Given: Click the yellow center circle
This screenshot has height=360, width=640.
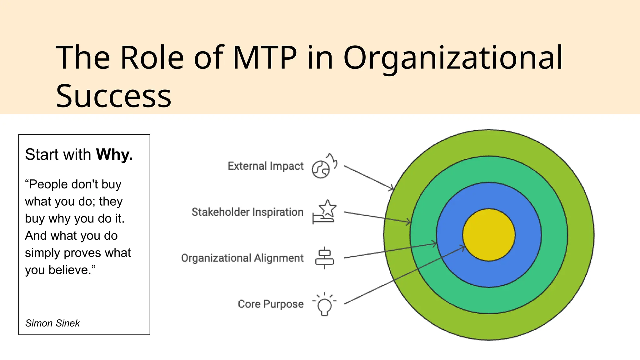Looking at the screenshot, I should [489, 234].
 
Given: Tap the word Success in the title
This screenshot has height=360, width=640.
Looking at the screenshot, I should [113, 96].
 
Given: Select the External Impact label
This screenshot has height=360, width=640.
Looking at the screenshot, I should [265, 166].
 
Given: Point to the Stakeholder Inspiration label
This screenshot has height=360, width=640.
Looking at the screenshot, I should [247, 212].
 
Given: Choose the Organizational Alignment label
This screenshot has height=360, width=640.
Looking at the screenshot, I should [242, 258].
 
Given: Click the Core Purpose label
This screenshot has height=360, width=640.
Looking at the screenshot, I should [271, 304].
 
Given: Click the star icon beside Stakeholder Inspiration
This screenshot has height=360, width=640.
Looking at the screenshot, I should [327, 208].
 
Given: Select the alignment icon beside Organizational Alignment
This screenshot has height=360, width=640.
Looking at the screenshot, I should [324, 258].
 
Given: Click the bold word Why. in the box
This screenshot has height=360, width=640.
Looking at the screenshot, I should [114, 154].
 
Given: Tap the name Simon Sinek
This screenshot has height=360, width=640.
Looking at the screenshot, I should [52, 323].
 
